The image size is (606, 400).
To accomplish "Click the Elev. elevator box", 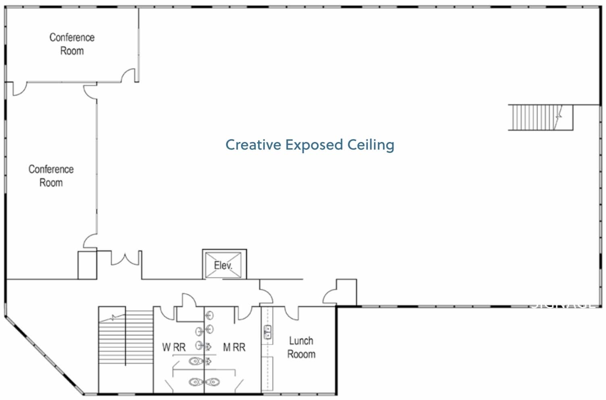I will point(224,265).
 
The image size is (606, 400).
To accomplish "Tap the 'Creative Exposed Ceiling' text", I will point(310,145).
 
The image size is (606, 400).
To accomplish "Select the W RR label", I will point(174,347).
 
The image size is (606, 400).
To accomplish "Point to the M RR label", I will point(234,347).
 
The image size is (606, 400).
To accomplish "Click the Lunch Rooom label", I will point(301,348).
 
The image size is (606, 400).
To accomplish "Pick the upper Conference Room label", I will point(72,44).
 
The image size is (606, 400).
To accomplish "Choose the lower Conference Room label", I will point(51,176).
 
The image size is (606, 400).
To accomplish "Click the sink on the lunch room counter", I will point(267,332).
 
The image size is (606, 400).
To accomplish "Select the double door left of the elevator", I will point(125,260).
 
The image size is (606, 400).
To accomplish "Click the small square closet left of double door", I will point(87,265).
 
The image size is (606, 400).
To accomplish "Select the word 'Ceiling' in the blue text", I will point(371,145).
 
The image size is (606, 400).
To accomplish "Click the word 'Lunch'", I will point(301,341).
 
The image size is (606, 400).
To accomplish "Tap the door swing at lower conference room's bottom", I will point(90,241).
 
